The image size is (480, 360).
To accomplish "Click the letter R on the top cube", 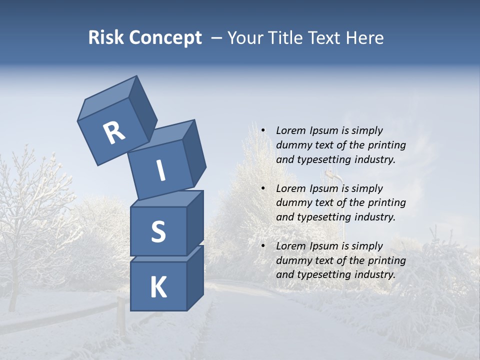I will coord(114,132).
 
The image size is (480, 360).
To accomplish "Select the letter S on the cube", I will coord(158,231).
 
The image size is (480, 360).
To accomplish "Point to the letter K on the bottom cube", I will coord(158,287).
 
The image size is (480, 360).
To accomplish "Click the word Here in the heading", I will coord(364,38).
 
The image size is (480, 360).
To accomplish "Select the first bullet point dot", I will coord(263,130).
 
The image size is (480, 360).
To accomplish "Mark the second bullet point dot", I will coord(263,188).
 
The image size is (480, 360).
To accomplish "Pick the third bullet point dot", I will coord(263,246).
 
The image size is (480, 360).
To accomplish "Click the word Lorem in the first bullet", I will coord(291,130).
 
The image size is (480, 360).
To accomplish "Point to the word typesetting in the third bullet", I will coord(322,274).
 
